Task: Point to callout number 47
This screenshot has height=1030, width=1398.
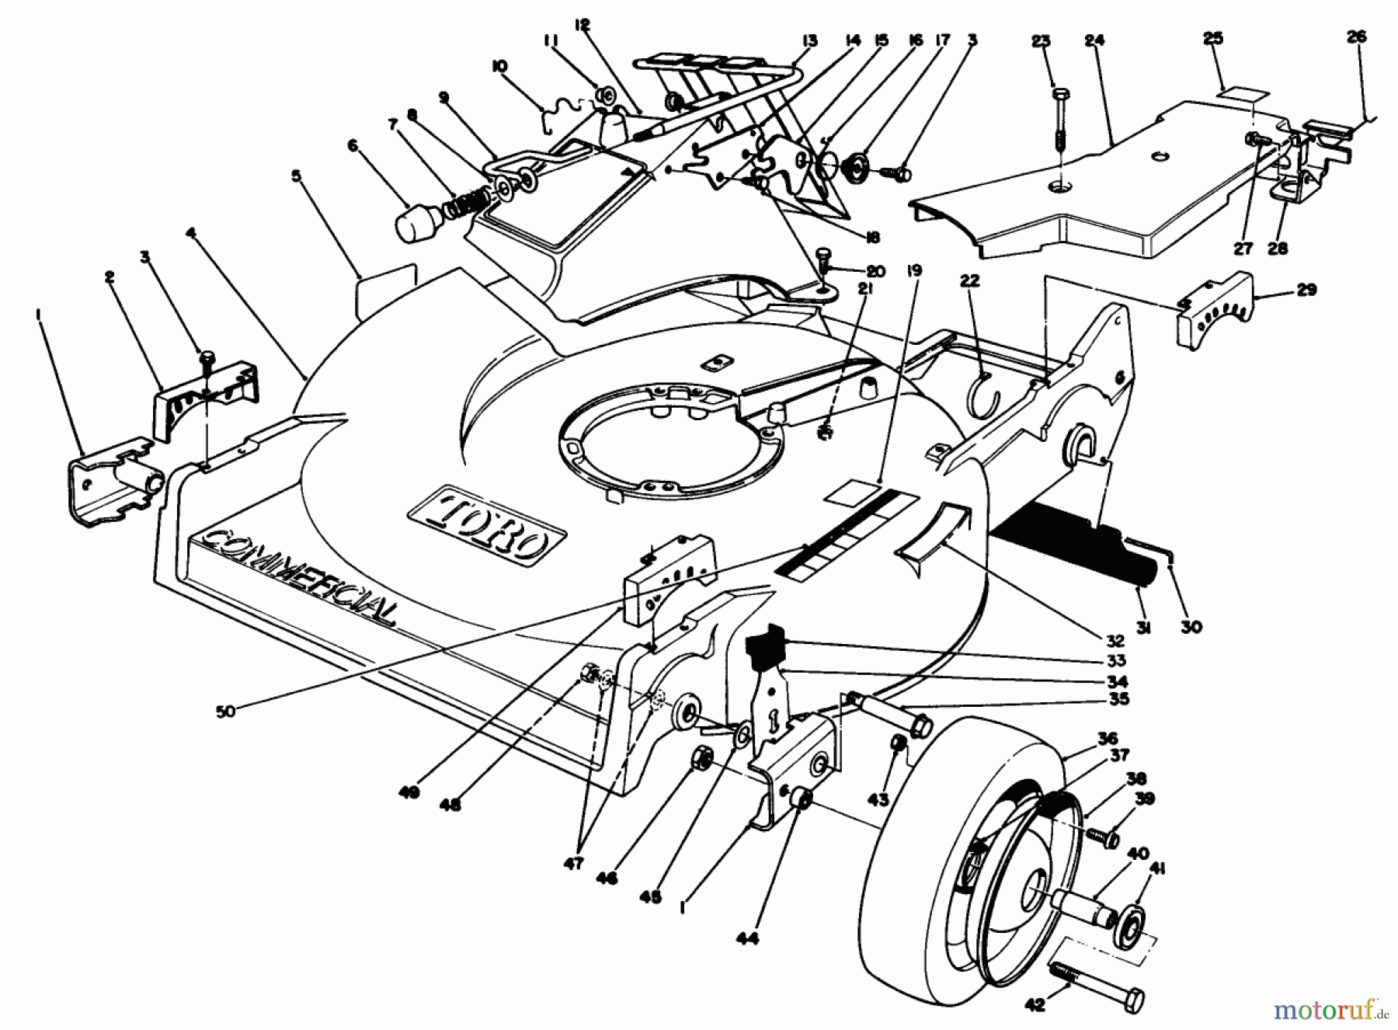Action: (573, 863)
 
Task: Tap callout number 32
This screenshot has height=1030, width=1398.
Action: (1115, 641)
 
